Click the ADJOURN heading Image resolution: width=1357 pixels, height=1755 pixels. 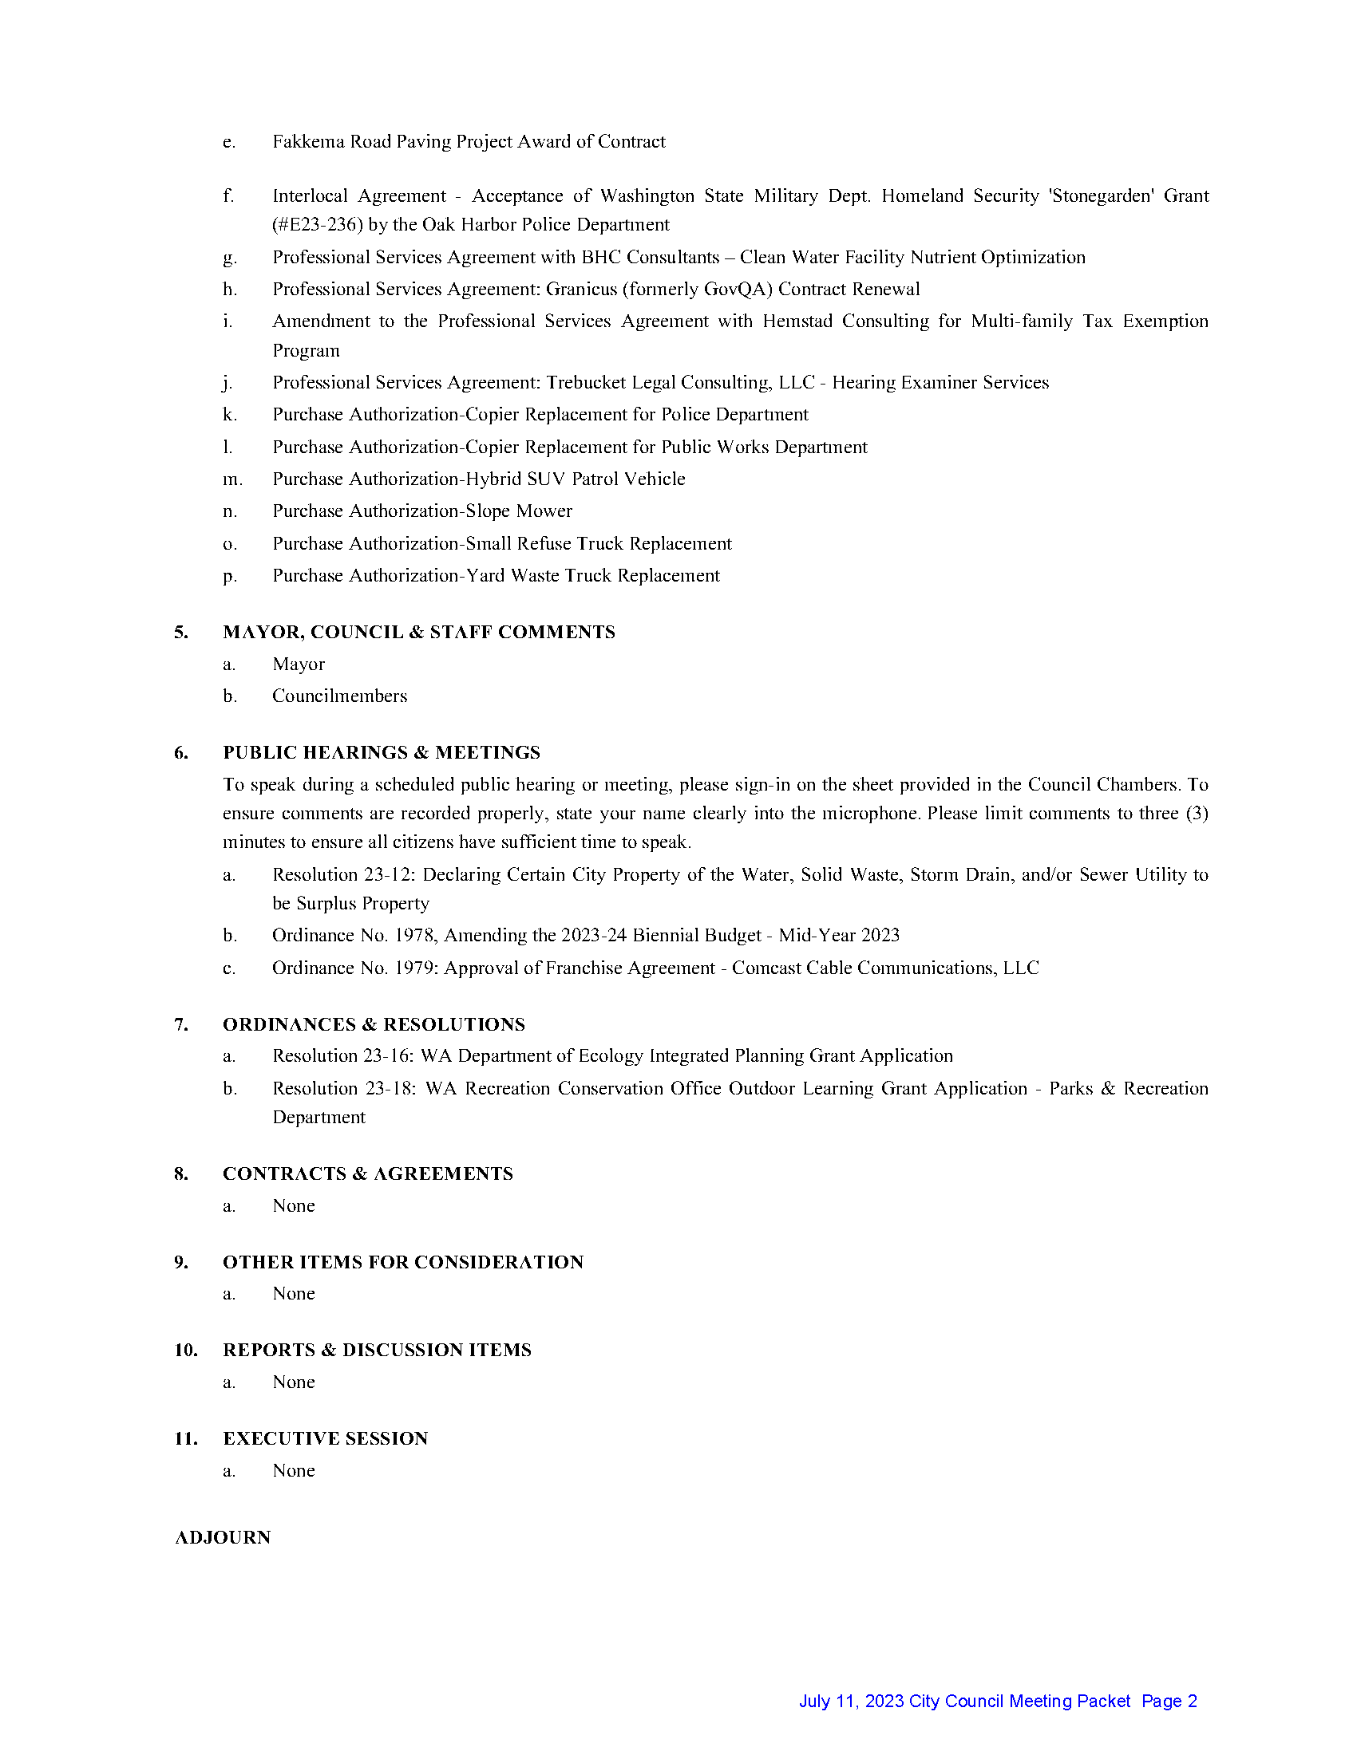[223, 1537]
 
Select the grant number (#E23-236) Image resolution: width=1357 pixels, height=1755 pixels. [318, 224]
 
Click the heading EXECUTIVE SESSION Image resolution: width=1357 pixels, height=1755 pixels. [325, 1438]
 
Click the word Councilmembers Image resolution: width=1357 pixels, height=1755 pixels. [339, 696]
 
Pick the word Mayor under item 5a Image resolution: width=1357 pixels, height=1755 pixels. [299, 664]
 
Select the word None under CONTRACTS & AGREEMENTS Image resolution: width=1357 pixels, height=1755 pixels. [294, 1205]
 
